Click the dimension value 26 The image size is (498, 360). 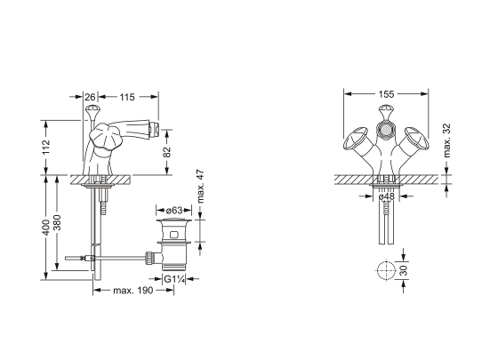point(91,97)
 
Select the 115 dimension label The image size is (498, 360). point(127,97)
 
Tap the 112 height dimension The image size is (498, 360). point(46,147)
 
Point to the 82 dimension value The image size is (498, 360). point(167,152)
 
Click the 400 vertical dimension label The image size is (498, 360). point(46,228)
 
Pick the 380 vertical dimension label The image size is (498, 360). point(57,223)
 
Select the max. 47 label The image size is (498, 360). point(200,187)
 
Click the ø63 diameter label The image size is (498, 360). point(174,210)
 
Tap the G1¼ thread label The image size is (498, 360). point(174,279)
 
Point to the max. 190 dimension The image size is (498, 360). point(133,290)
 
